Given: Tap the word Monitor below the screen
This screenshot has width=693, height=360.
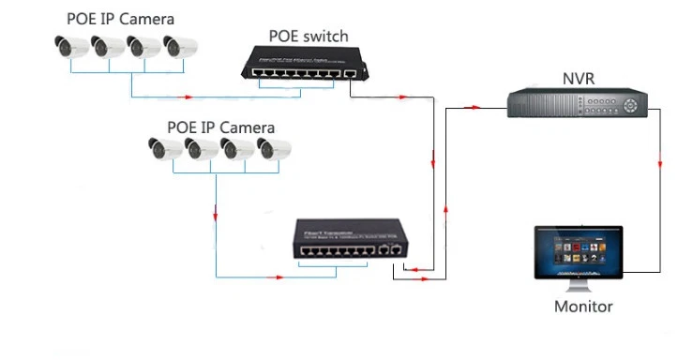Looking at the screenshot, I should (x=582, y=307).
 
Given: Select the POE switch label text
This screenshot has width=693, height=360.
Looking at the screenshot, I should (x=309, y=37).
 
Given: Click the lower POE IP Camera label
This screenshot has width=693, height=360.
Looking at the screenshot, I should (x=220, y=127).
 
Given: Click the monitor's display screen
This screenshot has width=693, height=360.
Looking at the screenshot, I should (x=578, y=250).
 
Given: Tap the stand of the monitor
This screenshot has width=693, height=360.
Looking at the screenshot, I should (x=579, y=283).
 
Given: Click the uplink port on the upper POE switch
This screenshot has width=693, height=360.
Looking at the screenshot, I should (x=350, y=72).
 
